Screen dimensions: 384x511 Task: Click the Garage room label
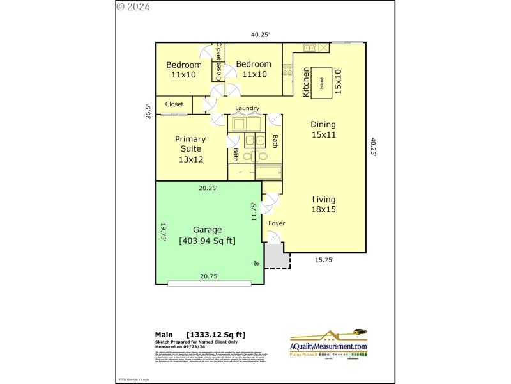point(208,230)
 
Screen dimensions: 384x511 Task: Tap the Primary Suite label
point(190,148)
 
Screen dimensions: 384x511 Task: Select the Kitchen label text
point(306,82)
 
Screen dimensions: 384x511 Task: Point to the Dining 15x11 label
point(323,129)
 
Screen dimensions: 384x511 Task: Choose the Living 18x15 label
point(324,204)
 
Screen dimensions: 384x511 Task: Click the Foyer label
point(277,223)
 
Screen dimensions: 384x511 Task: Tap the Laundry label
point(247,109)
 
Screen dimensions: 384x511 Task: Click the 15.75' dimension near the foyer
point(323,260)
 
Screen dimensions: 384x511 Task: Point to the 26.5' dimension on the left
point(148,111)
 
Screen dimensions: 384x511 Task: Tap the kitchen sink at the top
point(310,47)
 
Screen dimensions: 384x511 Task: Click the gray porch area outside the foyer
point(277,258)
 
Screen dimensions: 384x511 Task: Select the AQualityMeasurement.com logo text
point(329,346)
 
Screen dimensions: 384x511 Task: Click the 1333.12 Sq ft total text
point(215,335)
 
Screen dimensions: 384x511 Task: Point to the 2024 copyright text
point(133,7)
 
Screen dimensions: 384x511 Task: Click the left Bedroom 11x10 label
point(184,69)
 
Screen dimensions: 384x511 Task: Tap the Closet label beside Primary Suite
point(174,104)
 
